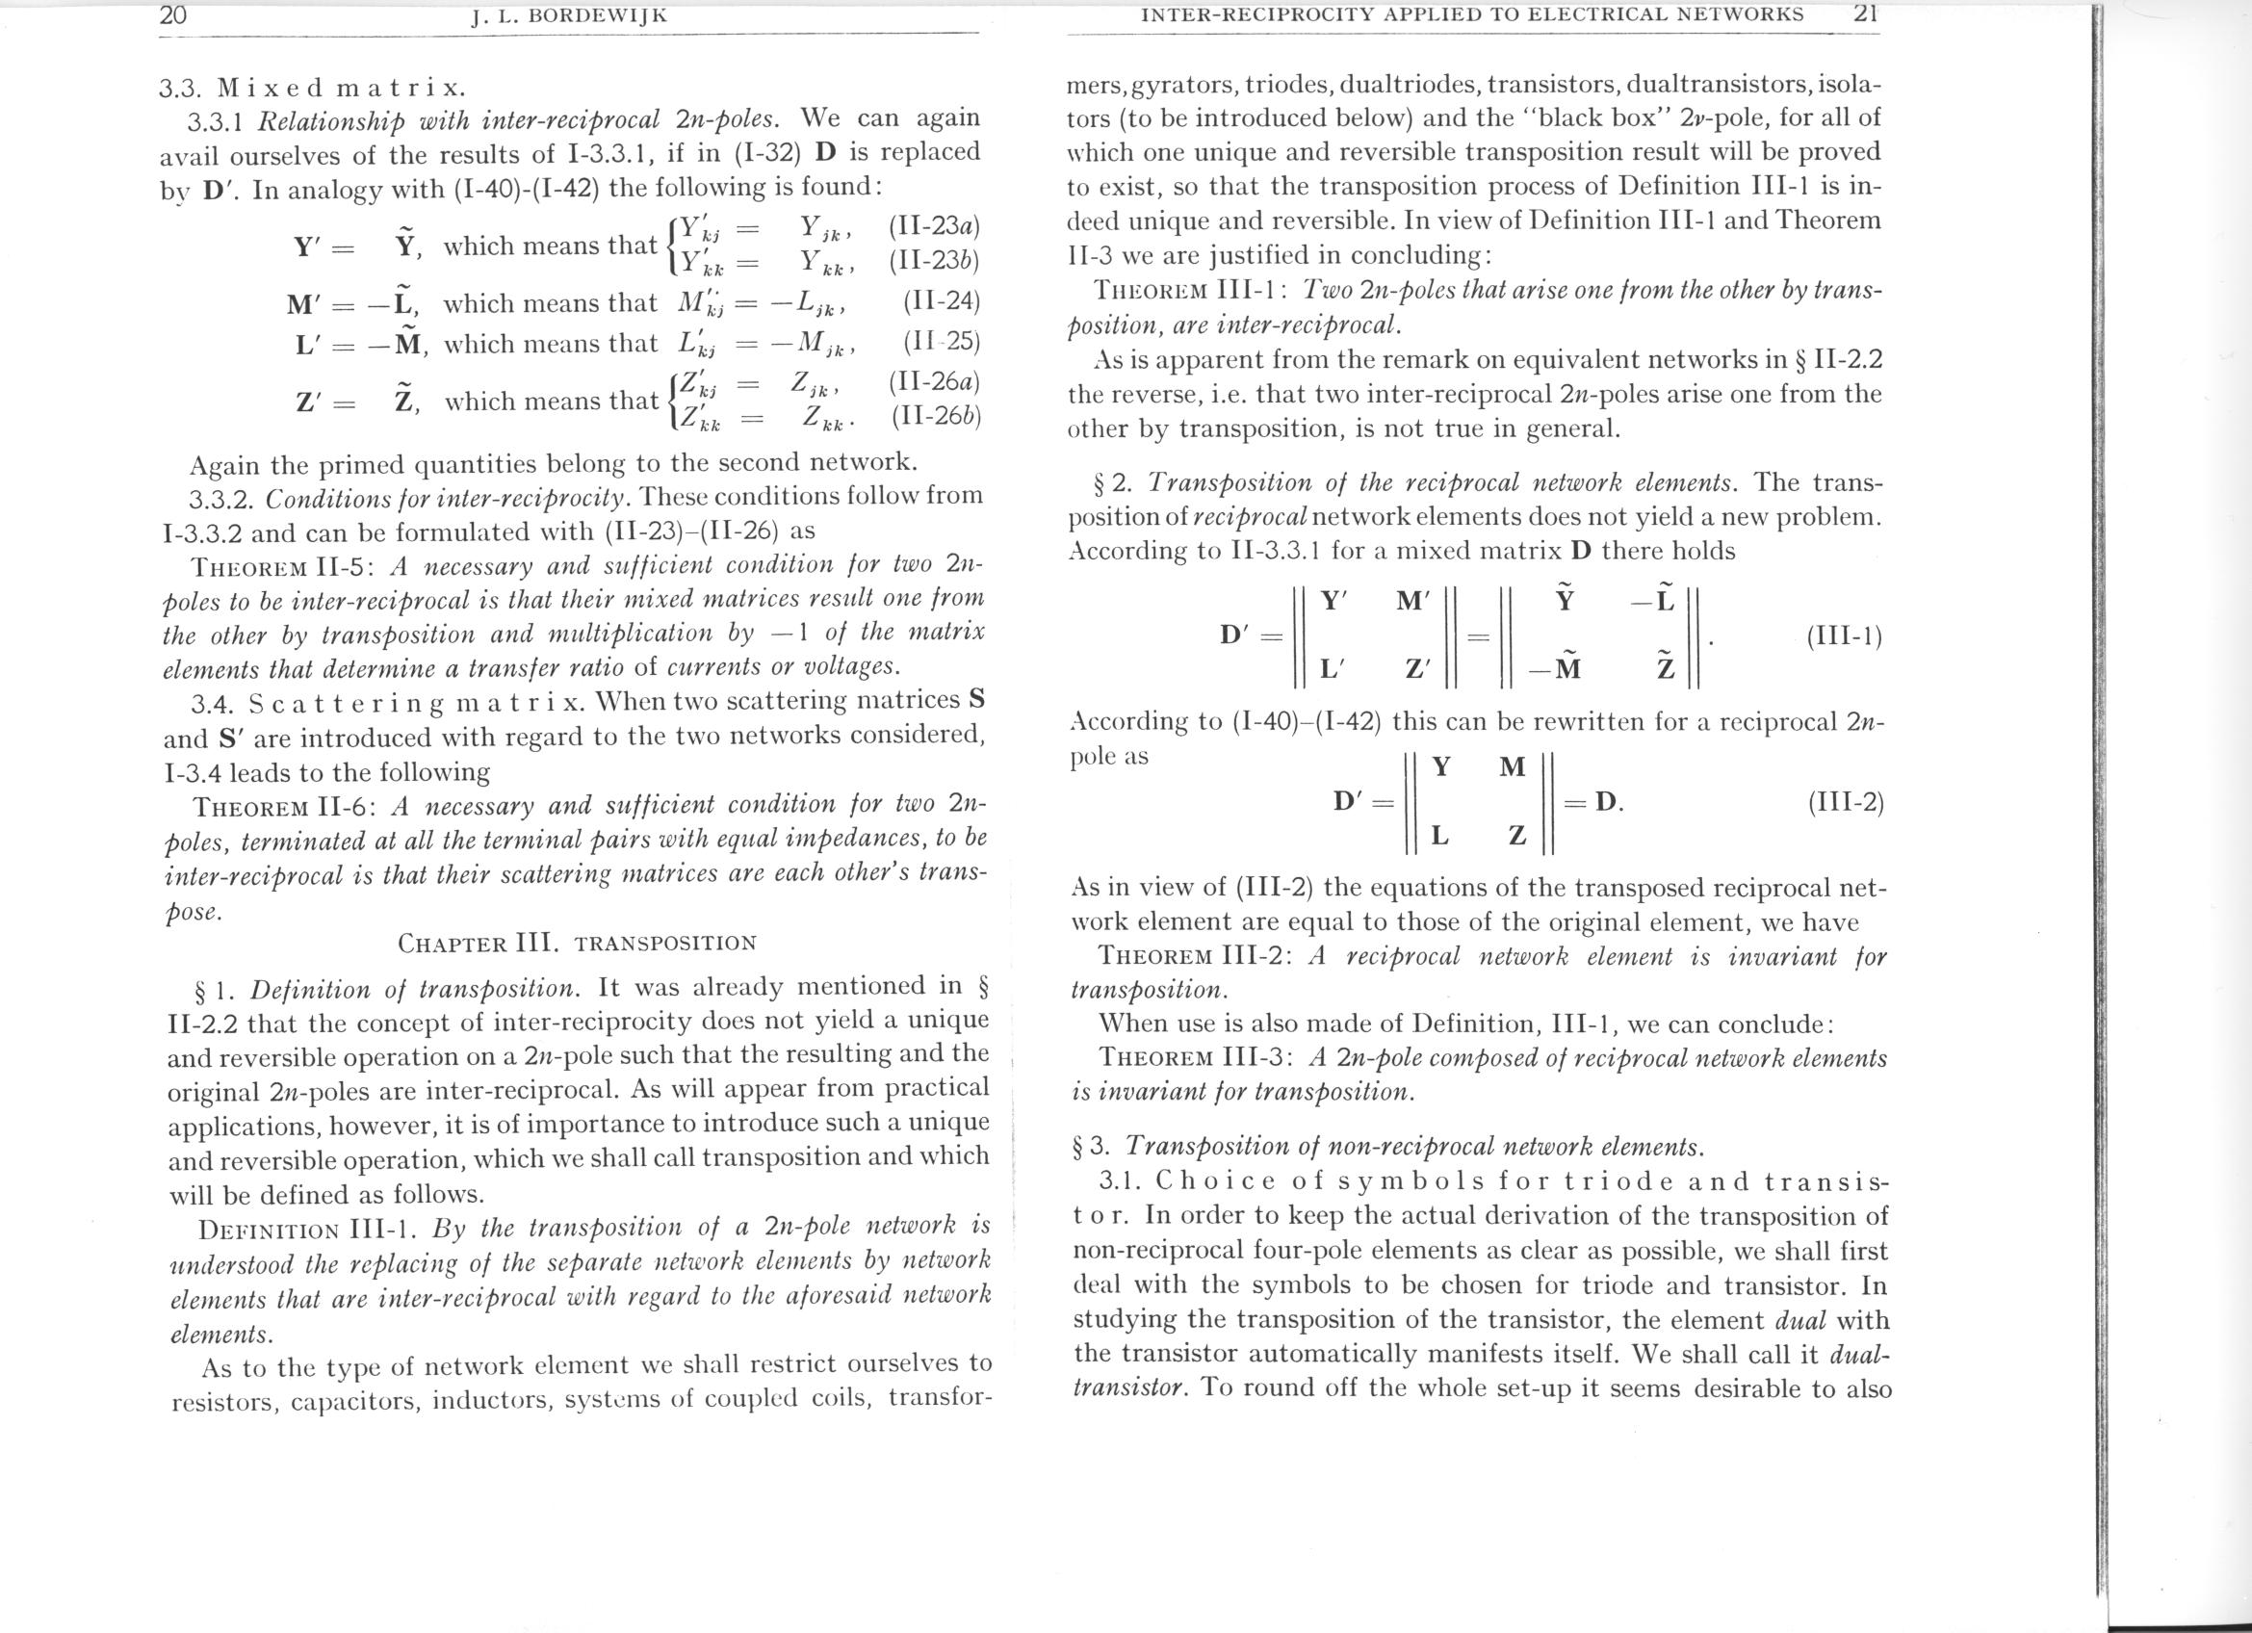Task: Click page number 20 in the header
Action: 172,14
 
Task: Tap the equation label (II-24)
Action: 942,301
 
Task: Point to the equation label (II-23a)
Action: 934,227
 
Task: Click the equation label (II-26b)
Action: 935,416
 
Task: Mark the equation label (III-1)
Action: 1844,636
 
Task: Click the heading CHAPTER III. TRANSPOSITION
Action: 577,942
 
